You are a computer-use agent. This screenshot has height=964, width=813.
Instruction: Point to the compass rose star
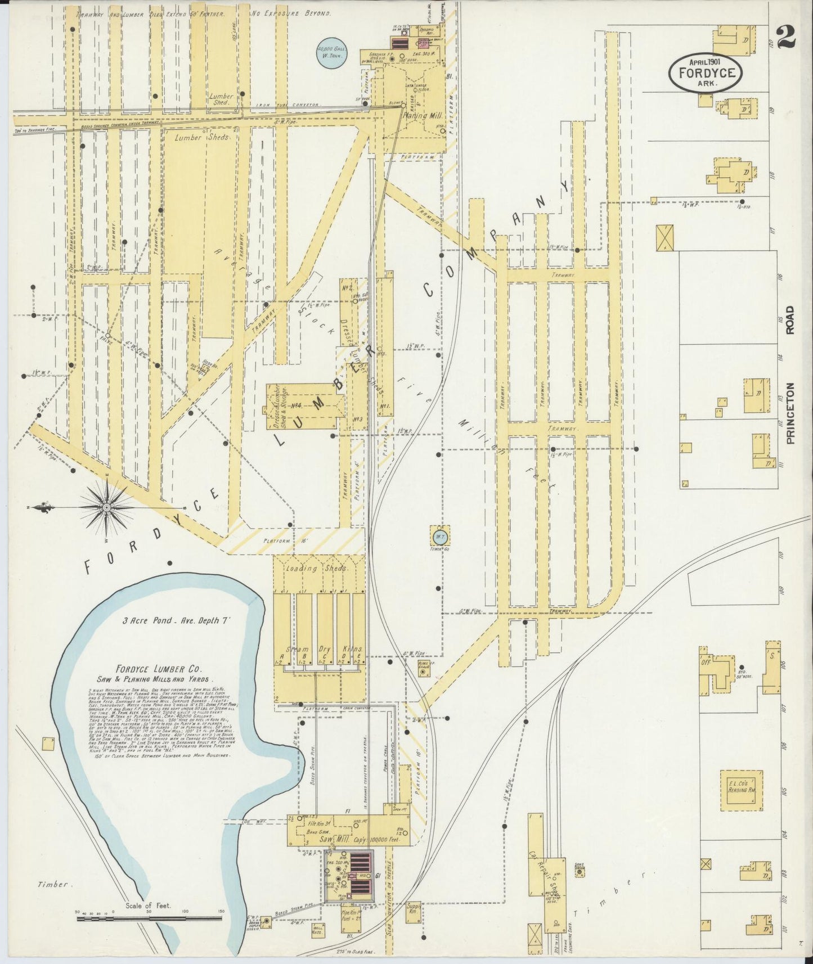pyautogui.click(x=107, y=508)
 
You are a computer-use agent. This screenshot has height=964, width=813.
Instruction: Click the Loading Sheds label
pyautogui.click(x=318, y=569)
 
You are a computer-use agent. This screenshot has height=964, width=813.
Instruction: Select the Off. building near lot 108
pyautogui.click(x=706, y=664)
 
